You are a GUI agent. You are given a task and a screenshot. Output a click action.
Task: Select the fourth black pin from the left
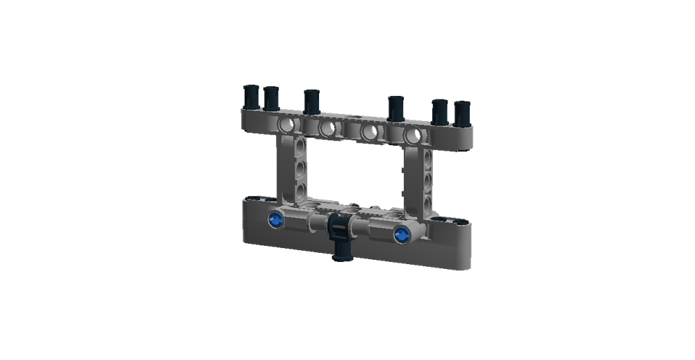[395, 106]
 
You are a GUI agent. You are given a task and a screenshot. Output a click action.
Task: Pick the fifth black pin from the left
[440, 110]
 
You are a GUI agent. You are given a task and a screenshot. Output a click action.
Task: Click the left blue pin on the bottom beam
[275, 220]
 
